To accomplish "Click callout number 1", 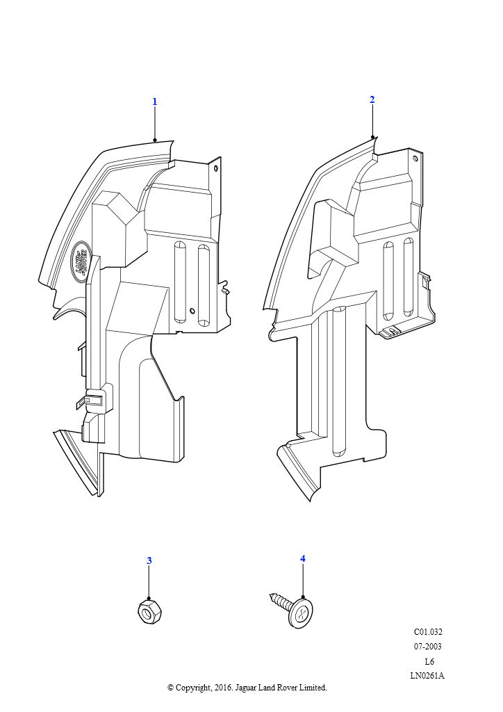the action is pyautogui.click(x=155, y=102).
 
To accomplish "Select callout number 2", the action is pyautogui.click(x=372, y=99).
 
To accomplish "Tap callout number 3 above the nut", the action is pyautogui.click(x=149, y=561).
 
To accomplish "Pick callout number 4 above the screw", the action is pyautogui.click(x=303, y=558).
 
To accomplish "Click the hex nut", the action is pyautogui.click(x=149, y=611).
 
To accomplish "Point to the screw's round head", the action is pyautogui.click(x=302, y=613).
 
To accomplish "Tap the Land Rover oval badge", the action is pyautogui.click(x=81, y=262).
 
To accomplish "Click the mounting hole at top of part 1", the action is pyautogui.click(x=215, y=168).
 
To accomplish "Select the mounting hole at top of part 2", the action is pyautogui.click(x=415, y=159).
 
